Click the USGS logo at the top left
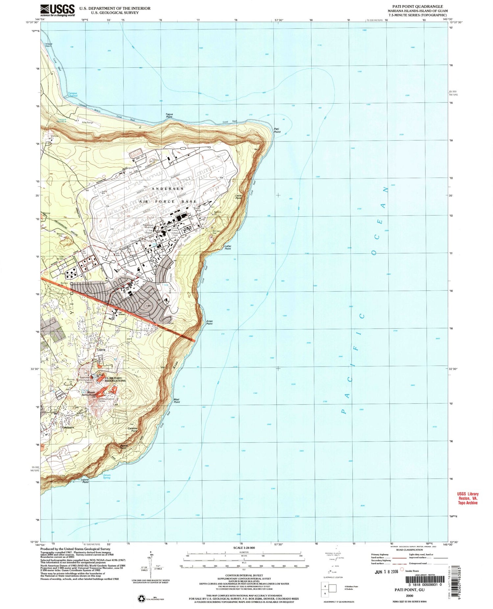tap(58, 10)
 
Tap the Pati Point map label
tap(277, 130)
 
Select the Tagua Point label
tap(169, 116)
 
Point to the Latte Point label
tap(239, 197)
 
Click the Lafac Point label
tap(228, 248)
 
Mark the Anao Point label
tap(209, 322)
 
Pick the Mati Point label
tap(176, 401)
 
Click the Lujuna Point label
tap(85, 481)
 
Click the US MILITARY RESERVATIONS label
tap(115, 380)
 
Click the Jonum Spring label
tap(106, 476)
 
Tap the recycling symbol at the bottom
tap(141, 598)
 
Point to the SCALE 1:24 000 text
tap(244, 548)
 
